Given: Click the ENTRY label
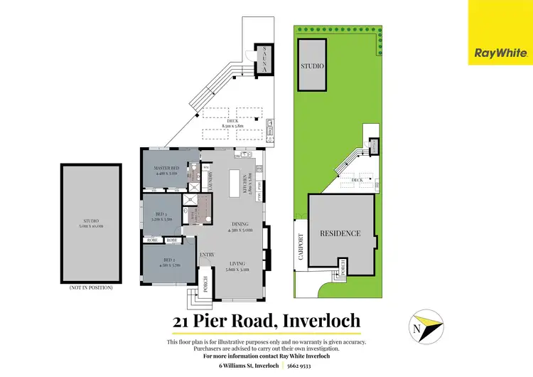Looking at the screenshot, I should [x=207, y=255].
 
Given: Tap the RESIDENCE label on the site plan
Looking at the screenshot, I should [x=340, y=233].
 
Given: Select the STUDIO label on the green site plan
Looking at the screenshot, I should [x=312, y=65].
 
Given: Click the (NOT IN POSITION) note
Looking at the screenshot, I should [x=91, y=288].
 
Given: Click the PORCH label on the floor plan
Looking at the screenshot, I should [x=206, y=283].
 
